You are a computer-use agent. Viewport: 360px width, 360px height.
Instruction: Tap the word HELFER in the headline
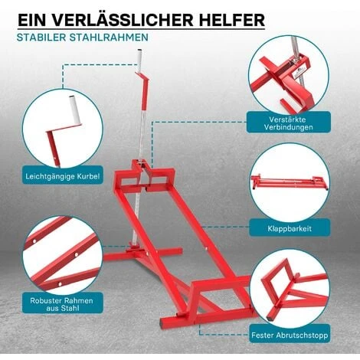pos(231,20)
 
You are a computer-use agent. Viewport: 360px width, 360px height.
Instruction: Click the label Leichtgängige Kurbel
pos(63,176)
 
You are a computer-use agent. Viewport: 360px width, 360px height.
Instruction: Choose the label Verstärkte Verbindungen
pos(289,123)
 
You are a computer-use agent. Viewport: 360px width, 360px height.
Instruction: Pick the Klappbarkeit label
pos(290,228)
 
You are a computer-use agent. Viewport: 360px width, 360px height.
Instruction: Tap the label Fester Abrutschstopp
pos(290,335)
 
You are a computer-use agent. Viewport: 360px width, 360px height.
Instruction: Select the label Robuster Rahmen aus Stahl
pos(61,304)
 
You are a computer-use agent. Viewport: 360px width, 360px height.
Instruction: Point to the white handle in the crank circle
pos(75,110)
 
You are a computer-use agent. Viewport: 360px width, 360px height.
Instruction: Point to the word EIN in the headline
pos(33,20)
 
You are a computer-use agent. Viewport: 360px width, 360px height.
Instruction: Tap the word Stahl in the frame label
pos(70,308)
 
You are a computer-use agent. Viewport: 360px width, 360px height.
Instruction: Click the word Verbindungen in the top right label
pos(289,127)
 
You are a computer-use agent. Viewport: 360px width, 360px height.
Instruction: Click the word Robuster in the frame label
pos(45,300)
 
